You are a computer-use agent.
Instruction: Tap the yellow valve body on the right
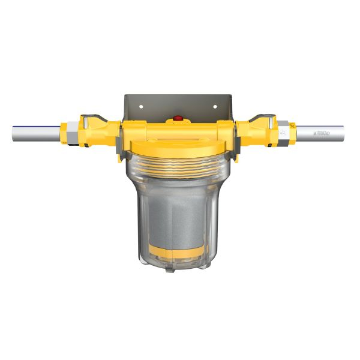point(255,130)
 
